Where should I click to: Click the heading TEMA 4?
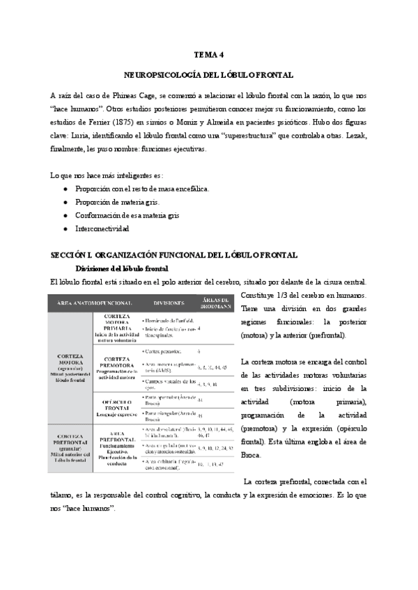pos(208,54)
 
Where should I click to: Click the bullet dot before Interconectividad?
pos(65,228)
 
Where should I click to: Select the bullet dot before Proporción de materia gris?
pos(65,202)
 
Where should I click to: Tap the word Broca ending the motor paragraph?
pos(251,455)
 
